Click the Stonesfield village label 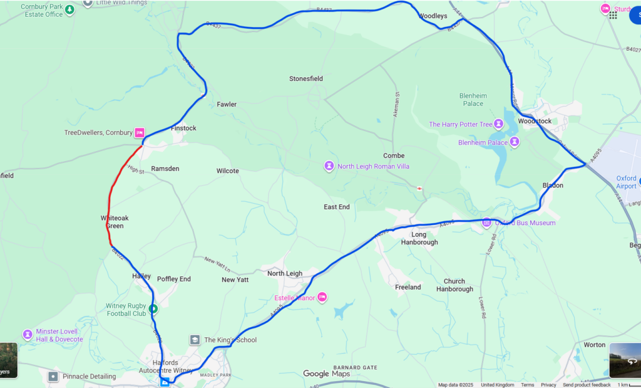point(306,79)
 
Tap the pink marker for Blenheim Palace point(515,142)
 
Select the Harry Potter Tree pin point(499,124)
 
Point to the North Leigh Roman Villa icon point(329,166)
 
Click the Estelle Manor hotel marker point(322,297)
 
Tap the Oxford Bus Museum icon point(486,223)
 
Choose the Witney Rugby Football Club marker point(153,308)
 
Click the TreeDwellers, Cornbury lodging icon point(140,133)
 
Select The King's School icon point(195,340)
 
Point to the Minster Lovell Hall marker point(28,335)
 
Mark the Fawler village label point(227,104)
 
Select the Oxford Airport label point(626,182)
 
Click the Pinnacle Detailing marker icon point(53,376)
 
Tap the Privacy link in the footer point(548,385)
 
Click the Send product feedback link point(587,385)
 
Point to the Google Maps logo point(326,374)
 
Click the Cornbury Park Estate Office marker point(70,10)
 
